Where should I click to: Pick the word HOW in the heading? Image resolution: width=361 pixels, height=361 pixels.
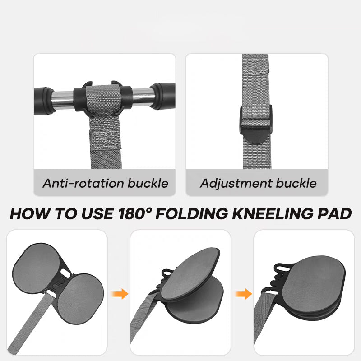point(27,213)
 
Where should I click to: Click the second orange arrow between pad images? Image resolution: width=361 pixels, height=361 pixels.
point(242,294)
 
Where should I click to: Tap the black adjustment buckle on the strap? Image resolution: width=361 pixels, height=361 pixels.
point(256,123)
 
